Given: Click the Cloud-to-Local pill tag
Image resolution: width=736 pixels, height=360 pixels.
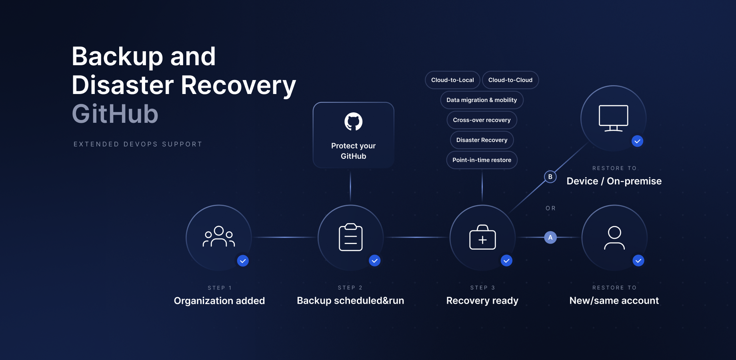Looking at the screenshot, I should [452, 80].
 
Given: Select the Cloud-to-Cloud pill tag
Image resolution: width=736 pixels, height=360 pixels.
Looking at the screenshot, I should [510, 80].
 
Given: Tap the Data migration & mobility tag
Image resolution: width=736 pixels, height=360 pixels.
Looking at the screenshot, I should [482, 100].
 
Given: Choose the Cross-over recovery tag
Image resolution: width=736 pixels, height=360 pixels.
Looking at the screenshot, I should [482, 120].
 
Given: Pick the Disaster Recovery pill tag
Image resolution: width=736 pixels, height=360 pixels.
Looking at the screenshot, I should [482, 140].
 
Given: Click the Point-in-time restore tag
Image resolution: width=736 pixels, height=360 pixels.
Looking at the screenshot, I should [482, 160].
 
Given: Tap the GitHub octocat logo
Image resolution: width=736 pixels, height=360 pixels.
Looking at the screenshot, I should [354, 122].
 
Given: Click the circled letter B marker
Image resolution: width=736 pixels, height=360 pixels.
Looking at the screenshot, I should [550, 177].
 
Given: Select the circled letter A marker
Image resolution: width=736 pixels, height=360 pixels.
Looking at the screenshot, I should [550, 238].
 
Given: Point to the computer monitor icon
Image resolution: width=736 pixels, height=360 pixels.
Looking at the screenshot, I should [613, 118].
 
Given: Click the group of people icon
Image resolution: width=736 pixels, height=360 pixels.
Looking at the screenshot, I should [219, 237].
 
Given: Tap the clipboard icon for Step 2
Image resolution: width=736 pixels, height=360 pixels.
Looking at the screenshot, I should [351, 237].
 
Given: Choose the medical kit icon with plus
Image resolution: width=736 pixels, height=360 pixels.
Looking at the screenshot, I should [482, 238].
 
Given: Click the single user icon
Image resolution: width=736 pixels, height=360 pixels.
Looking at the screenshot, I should [614, 238].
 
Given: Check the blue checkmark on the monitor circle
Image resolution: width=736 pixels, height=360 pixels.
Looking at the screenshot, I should [637, 141].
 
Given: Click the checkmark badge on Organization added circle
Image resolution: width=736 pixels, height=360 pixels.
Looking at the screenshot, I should [243, 261].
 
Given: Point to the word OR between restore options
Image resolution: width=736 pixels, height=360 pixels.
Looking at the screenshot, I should [550, 208].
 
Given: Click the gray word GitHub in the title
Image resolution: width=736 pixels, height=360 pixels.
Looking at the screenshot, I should [115, 114].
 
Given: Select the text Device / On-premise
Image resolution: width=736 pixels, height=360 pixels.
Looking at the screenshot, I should [614, 181].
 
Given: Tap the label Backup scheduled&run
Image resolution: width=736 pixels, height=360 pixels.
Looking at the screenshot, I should [350, 301].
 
